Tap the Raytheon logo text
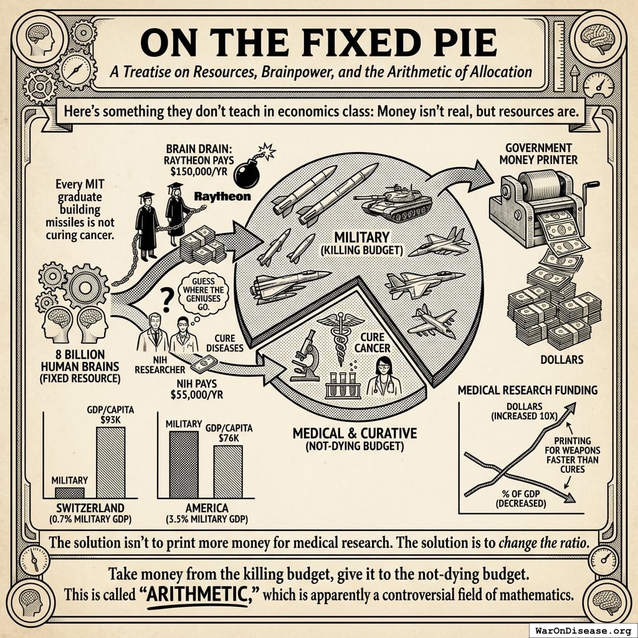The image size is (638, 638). (x=222, y=197)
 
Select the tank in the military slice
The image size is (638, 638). (x=393, y=202)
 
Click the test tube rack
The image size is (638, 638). (x=343, y=384)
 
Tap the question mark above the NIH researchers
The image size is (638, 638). (x=165, y=300)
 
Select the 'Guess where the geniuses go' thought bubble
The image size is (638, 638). (x=203, y=294)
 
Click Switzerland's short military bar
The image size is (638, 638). (x=70, y=492)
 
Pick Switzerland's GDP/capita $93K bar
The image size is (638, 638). (x=111, y=462)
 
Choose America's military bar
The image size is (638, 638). (x=184, y=465)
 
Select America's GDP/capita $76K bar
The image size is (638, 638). (x=228, y=472)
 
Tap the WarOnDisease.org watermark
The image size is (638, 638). (x=583, y=631)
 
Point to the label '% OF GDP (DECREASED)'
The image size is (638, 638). (x=521, y=498)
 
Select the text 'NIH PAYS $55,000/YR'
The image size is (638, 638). (x=196, y=389)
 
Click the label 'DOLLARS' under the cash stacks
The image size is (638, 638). (x=562, y=359)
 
